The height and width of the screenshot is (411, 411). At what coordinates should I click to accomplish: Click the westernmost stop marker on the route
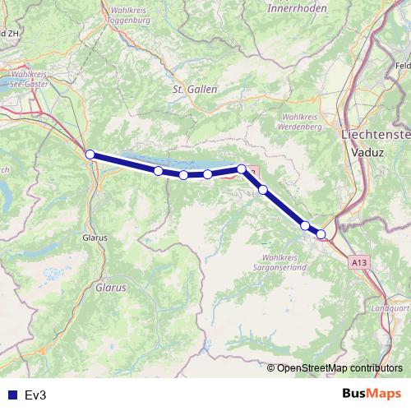coord(90,154)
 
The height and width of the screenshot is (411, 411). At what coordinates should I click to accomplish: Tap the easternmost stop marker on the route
coord(321,234)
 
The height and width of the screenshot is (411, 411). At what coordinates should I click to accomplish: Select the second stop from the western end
coord(158,171)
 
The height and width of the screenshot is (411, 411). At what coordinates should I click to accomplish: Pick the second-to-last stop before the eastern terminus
coord(305,225)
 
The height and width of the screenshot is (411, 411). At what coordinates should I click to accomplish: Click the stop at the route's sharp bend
coord(242,169)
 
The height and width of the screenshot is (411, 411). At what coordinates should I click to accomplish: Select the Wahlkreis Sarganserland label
coord(280,261)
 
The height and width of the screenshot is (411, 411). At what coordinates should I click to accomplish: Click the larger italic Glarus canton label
coord(110,289)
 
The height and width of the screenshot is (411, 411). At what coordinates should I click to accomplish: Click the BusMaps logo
coord(373,395)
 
